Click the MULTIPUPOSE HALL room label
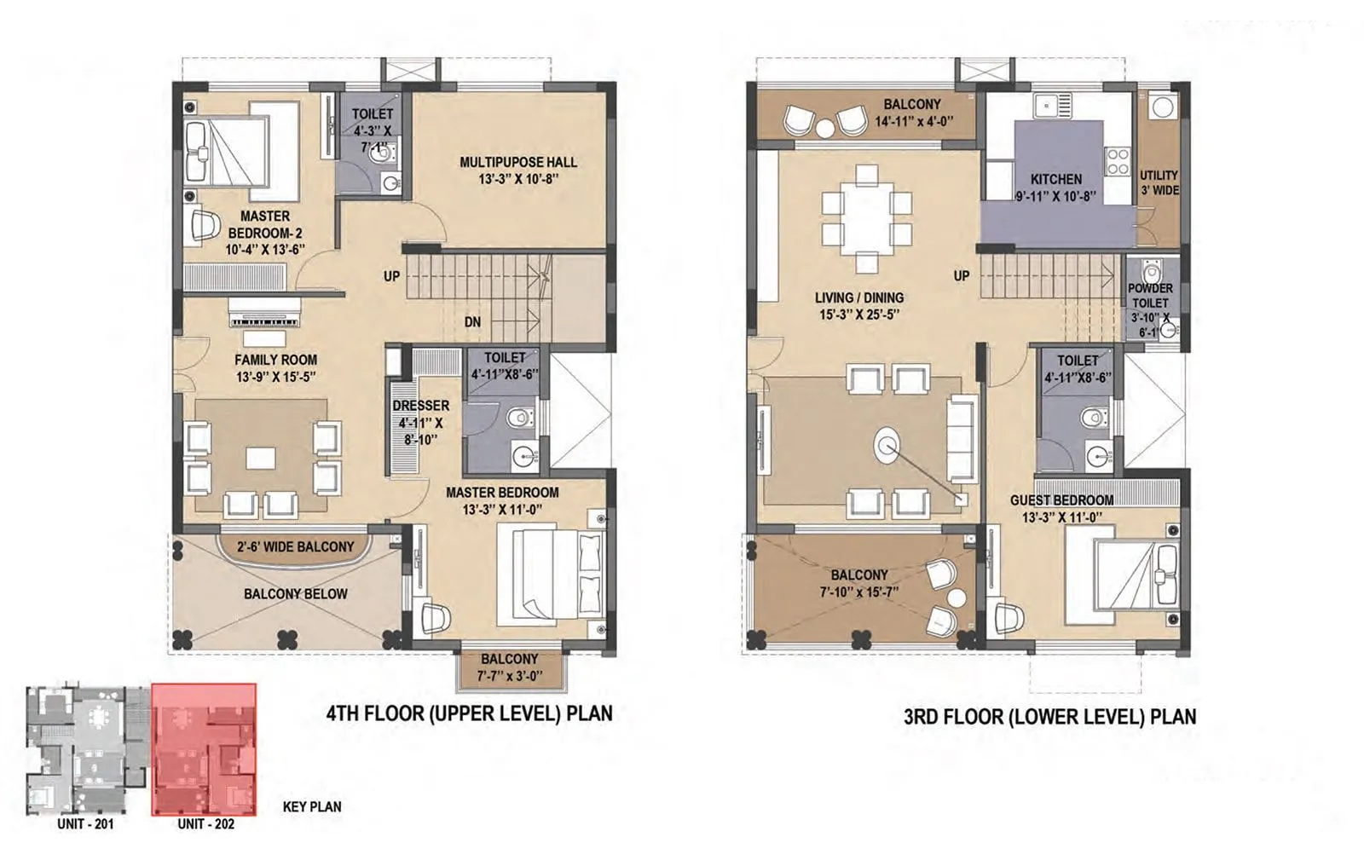[x=518, y=162]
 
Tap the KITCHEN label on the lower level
[x=1055, y=179]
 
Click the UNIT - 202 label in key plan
[x=205, y=823]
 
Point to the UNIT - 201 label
[x=85, y=823]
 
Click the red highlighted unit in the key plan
[x=204, y=749]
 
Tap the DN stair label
[x=472, y=321]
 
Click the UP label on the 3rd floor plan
[x=961, y=276]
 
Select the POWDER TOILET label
[x=1150, y=295]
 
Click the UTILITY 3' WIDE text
[x=1159, y=182]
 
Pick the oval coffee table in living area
[x=887, y=445]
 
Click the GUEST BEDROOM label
[x=1061, y=500]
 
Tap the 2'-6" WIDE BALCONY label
[x=295, y=546]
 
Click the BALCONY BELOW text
[x=295, y=593]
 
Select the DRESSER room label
[x=420, y=406]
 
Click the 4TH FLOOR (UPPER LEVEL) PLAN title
[x=469, y=713]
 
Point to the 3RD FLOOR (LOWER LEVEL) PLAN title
[x=1049, y=716]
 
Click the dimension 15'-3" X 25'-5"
[x=858, y=315]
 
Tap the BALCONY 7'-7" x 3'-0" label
[x=509, y=667]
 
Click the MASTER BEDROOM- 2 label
[x=264, y=224]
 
